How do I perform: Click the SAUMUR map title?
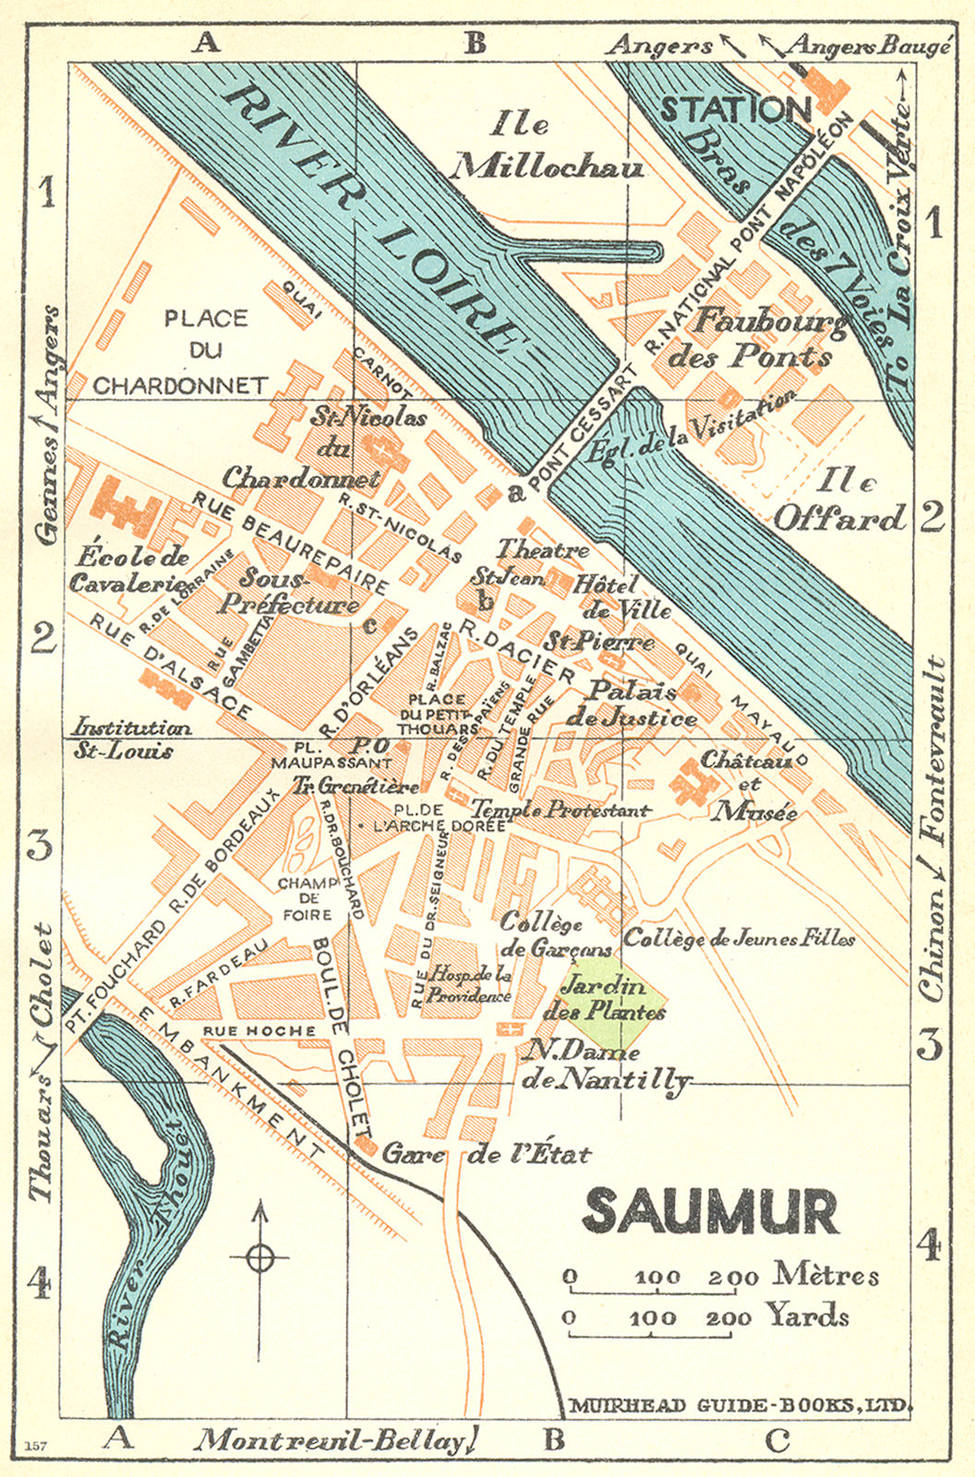(711, 1211)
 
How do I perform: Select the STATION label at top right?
(736, 110)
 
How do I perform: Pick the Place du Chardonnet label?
(181, 352)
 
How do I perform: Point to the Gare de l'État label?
(487, 1153)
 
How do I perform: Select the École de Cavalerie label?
(129, 570)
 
